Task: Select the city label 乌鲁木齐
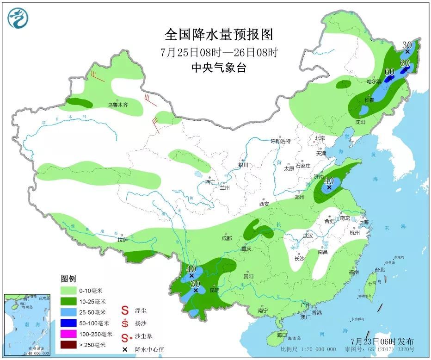[118, 105]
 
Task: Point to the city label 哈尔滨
[374, 81]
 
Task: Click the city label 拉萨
[122, 240]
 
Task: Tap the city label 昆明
[215, 290]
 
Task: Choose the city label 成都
[227, 238]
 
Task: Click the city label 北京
[320, 138]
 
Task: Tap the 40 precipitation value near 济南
[329, 180]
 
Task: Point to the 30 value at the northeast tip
[407, 45]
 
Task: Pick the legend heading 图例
[68, 279]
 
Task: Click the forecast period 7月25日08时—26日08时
[219, 52]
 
